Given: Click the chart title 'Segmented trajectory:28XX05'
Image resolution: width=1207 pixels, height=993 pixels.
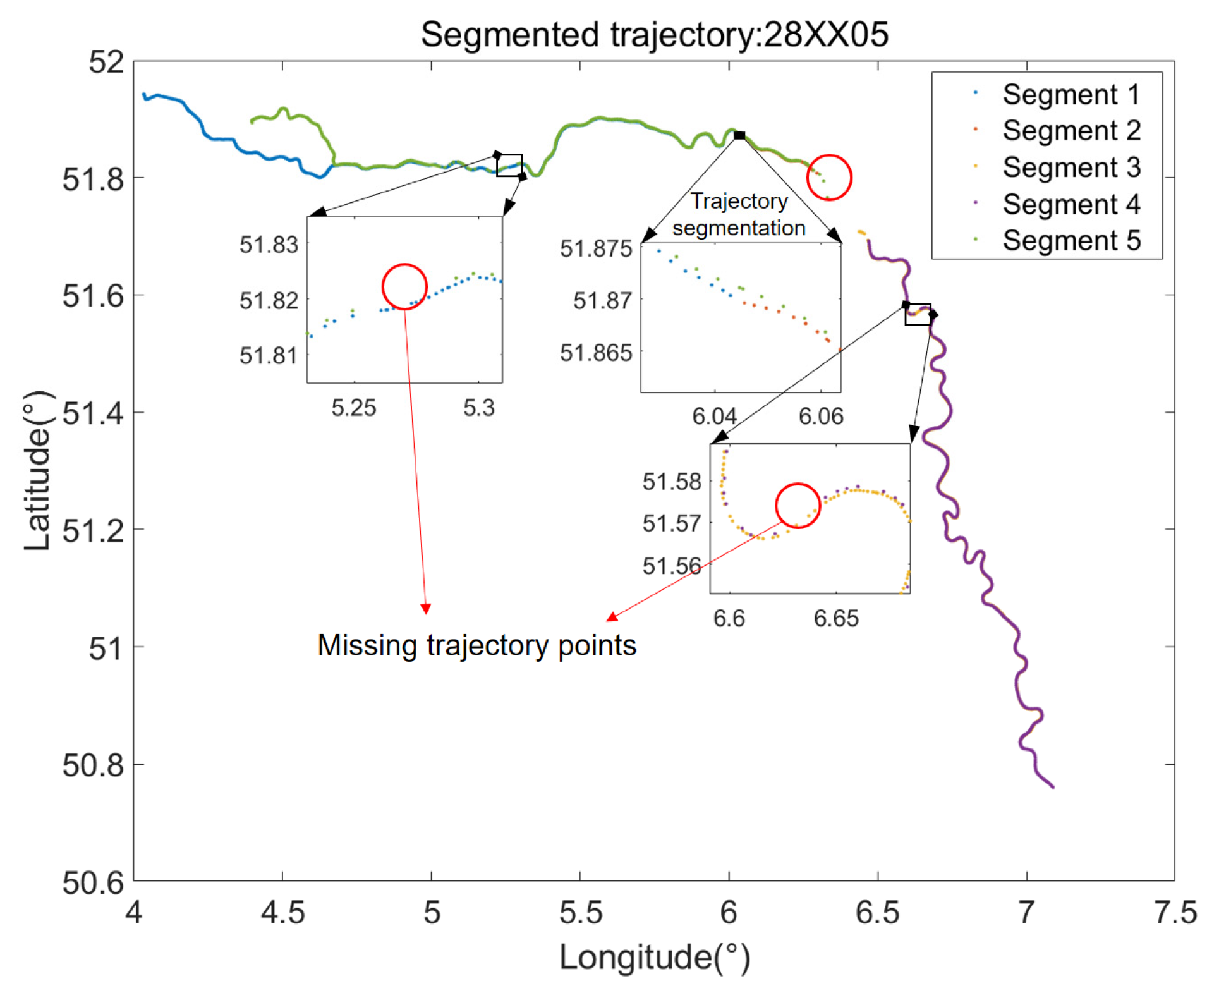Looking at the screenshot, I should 653,34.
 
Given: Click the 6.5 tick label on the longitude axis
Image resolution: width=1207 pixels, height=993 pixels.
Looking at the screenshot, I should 877,912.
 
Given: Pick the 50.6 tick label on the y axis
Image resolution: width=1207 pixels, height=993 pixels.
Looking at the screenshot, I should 92,882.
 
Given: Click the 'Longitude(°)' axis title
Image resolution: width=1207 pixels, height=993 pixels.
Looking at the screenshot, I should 653,957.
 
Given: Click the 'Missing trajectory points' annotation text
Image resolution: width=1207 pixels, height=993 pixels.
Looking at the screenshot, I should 476,645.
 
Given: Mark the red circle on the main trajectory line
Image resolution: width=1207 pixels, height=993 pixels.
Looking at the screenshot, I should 828,177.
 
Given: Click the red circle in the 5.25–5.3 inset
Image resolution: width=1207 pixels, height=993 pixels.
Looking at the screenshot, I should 404,286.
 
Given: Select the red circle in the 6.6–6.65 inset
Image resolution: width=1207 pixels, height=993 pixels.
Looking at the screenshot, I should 797,505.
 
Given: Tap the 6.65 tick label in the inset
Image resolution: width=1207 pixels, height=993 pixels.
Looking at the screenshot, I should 835,618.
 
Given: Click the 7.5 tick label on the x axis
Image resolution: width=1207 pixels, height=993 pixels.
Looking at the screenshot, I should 1174,912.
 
